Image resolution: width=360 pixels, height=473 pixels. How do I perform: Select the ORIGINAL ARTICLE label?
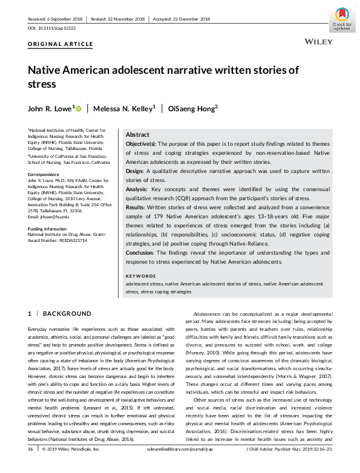coord(61,44)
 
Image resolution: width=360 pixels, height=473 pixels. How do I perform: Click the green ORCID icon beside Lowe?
coord(79,108)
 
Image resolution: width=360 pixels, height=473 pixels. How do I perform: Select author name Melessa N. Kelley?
coord(125,108)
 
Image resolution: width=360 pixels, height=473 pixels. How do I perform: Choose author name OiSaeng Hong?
coord(192,108)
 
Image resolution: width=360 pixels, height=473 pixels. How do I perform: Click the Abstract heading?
coord(137,135)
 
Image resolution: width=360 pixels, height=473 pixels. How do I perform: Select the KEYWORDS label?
coord(140,276)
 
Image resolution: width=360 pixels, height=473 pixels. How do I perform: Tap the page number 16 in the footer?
coord(30,466)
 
